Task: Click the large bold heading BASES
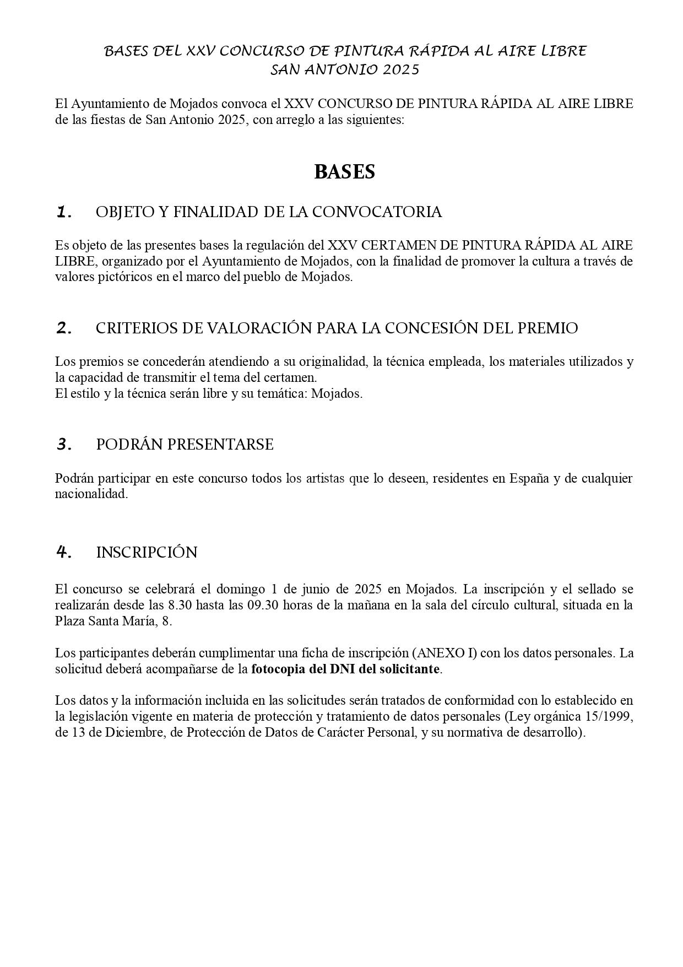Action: [x=344, y=172]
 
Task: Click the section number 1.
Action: [x=64, y=212]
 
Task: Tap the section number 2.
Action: [x=64, y=328]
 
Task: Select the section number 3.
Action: [x=64, y=445]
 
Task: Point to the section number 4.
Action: [x=64, y=552]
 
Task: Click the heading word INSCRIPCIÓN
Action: [x=147, y=553]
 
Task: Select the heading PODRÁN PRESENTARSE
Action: [x=185, y=445]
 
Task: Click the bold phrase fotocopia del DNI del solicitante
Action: [x=346, y=669]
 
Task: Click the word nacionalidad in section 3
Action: [x=91, y=494]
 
